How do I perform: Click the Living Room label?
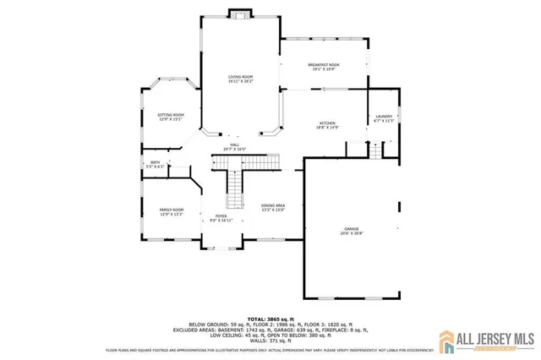click(x=240, y=77)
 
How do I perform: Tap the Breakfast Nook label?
click(x=324, y=64)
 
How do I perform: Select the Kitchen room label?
click(x=328, y=123)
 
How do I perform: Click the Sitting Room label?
click(x=172, y=114)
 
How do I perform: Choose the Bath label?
click(x=155, y=162)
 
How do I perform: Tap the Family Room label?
click(x=172, y=210)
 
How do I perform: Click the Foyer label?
click(x=221, y=216)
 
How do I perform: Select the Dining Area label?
click(x=272, y=205)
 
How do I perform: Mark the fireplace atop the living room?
click(x=240, y=14)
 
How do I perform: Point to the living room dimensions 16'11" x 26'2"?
click(x=240, y=82)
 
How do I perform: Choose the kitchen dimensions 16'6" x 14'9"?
click(x=328, y=128)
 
